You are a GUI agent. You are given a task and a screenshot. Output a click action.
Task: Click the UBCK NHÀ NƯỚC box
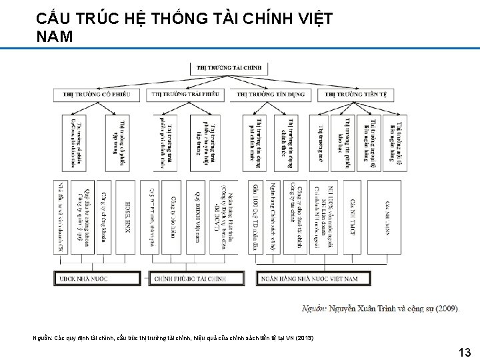97,278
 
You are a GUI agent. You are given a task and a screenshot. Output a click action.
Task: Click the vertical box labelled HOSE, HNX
128,217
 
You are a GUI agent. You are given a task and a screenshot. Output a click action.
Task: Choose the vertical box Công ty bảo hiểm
175,217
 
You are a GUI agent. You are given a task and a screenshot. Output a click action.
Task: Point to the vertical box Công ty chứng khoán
105,217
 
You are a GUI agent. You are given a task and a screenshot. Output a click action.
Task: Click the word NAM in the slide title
55,37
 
